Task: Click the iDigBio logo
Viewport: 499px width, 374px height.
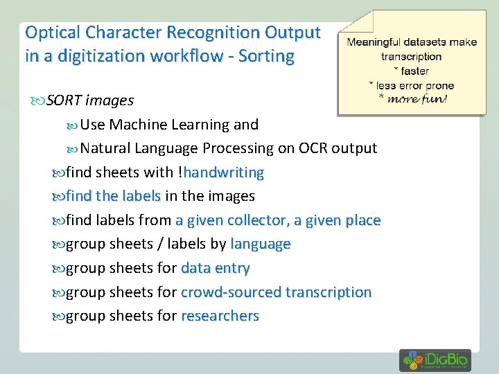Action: tap(435, 360)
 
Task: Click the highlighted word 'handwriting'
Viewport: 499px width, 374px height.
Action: tap(224, 172)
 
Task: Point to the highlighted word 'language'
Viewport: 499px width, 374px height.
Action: tap(260, 244)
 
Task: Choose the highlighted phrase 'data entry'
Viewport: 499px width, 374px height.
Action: tap(215, 268)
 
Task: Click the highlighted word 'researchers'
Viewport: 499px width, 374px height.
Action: tap(220, 316)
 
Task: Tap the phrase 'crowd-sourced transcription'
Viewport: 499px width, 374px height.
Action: tap(276, 292)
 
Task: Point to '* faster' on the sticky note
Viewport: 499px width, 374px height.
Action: tap(411, 71)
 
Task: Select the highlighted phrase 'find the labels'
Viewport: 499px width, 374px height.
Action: tap(112, 196)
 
